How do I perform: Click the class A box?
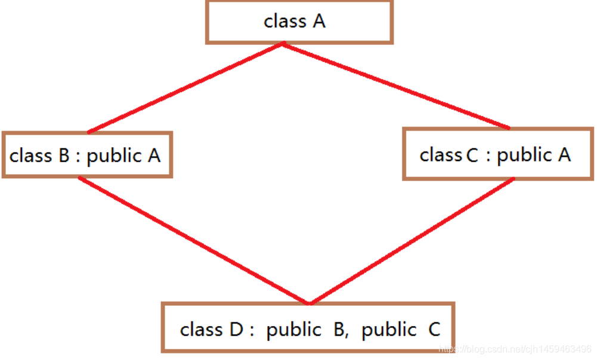click(x=299, y=22)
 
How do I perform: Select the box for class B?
click(x=87, y=155)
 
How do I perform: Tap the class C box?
click(x=498, y=154)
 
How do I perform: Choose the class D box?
click(x=308, y=327)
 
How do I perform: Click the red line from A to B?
click(x=185, y=88)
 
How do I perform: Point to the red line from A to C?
click(x=397, y=85)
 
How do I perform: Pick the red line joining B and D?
click(x=194, y=241)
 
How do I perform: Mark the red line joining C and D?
click(x=412, y=241)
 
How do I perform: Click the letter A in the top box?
click(x=319, y=22)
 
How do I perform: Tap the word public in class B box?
click(x=114, y=156)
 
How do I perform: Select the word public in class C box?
click(x=524, y=155)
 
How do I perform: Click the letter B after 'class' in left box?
click(x=64, y=156)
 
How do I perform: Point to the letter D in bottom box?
click(x=234, y=329)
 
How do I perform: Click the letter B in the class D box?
click(x=340, y=329)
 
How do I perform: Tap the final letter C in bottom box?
click(x=434, y=329)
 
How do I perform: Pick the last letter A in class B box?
click(x=153, y=156)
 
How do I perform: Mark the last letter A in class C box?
click(x=564, y=155)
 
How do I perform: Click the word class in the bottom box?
click(x=201, y=329)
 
